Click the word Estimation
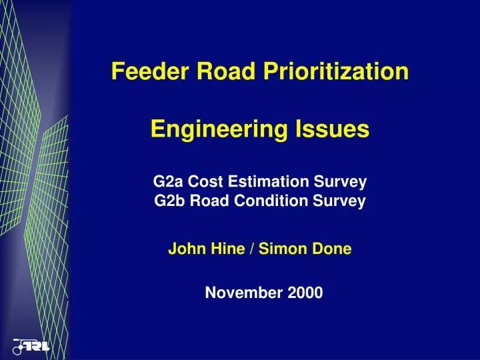pyautogui.click(x=273, y=182)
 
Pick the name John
pyautogui.click(x=184, y=250)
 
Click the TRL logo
pyautogui.click(x=31, y=347)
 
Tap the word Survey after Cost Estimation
pyautogui.click(x=343, y=182)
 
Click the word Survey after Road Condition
pyautogui.click(x=341, y=201)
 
